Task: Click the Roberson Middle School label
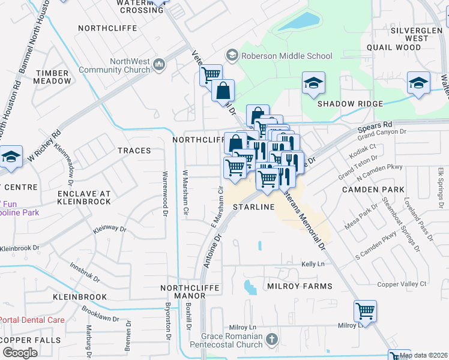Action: click(x=286, y=56)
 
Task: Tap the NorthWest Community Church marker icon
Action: click(x=159, y=65)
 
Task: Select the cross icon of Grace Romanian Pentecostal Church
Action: click(x=272, y=340)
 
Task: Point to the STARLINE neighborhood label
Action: click(x=254, y=207)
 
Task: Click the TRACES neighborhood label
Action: click(x=134, y=151)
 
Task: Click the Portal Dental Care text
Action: click(x=32, y=320)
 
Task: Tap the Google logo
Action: click(x=20, y=352)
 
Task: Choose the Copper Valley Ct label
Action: click(x=402, y=284)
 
